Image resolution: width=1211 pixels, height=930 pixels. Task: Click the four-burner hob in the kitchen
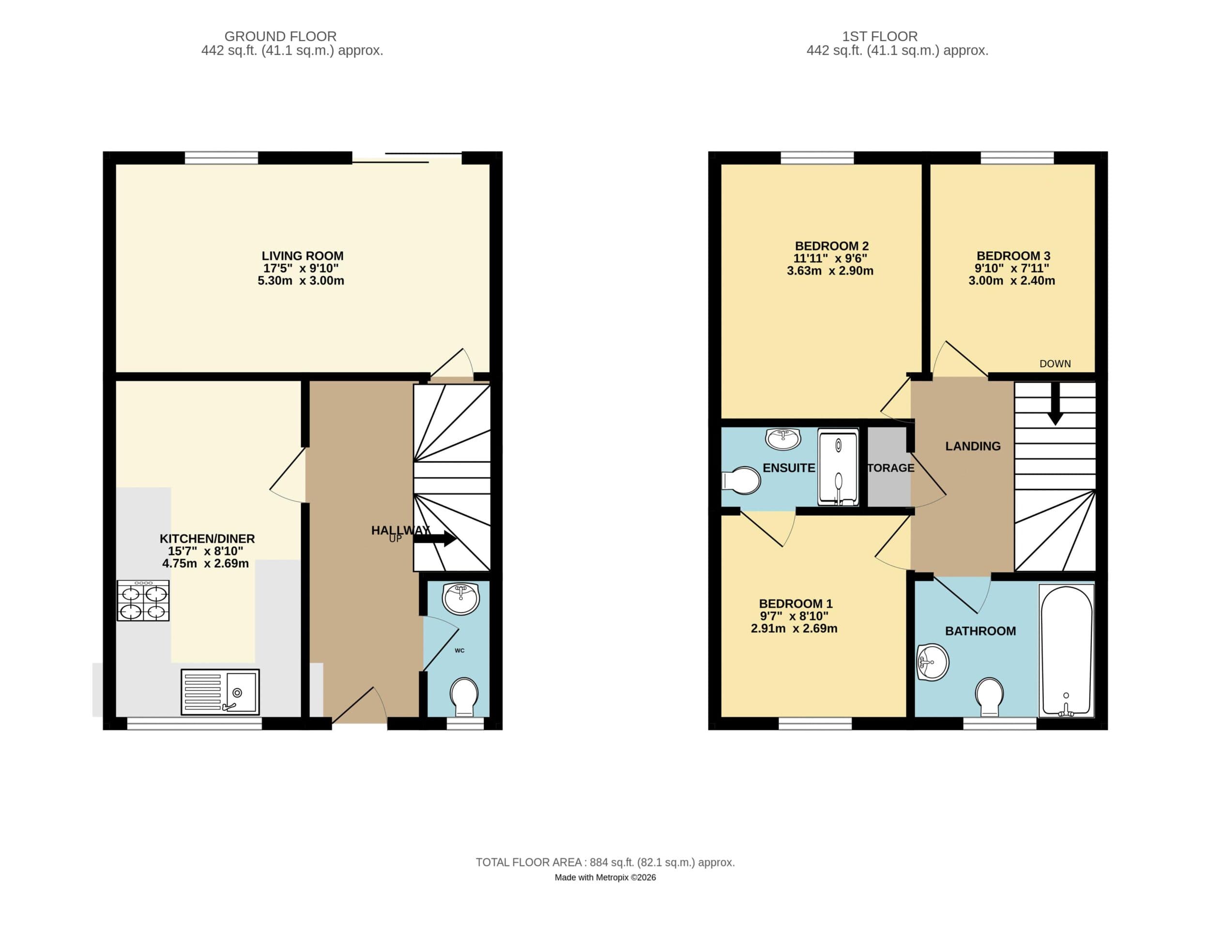[x=143, y=600]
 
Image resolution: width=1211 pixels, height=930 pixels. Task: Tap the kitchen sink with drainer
[x=220, y=691]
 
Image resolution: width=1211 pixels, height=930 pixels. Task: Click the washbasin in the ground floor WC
[x=461, y=598]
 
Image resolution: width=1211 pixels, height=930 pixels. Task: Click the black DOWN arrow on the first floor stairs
[x=1055, y=406]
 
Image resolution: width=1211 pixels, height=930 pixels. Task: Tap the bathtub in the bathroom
[x=1066, y=650]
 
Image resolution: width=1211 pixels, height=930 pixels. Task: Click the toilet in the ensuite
[x=742, y=480]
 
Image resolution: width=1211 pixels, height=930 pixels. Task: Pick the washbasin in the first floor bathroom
[x=932, y=662]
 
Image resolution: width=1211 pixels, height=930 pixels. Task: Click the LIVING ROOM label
[x=302, y=256]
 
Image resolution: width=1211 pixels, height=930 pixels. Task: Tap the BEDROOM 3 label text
[x=1012, y=256]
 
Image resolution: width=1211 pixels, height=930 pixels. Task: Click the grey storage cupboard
[x=888, y=468]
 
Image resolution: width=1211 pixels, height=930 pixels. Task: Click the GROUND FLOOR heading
[x=280, y=36]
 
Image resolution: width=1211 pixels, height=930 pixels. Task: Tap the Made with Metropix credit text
[x=605, y=877]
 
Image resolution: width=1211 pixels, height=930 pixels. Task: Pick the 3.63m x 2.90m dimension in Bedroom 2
[x=829, y=271]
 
